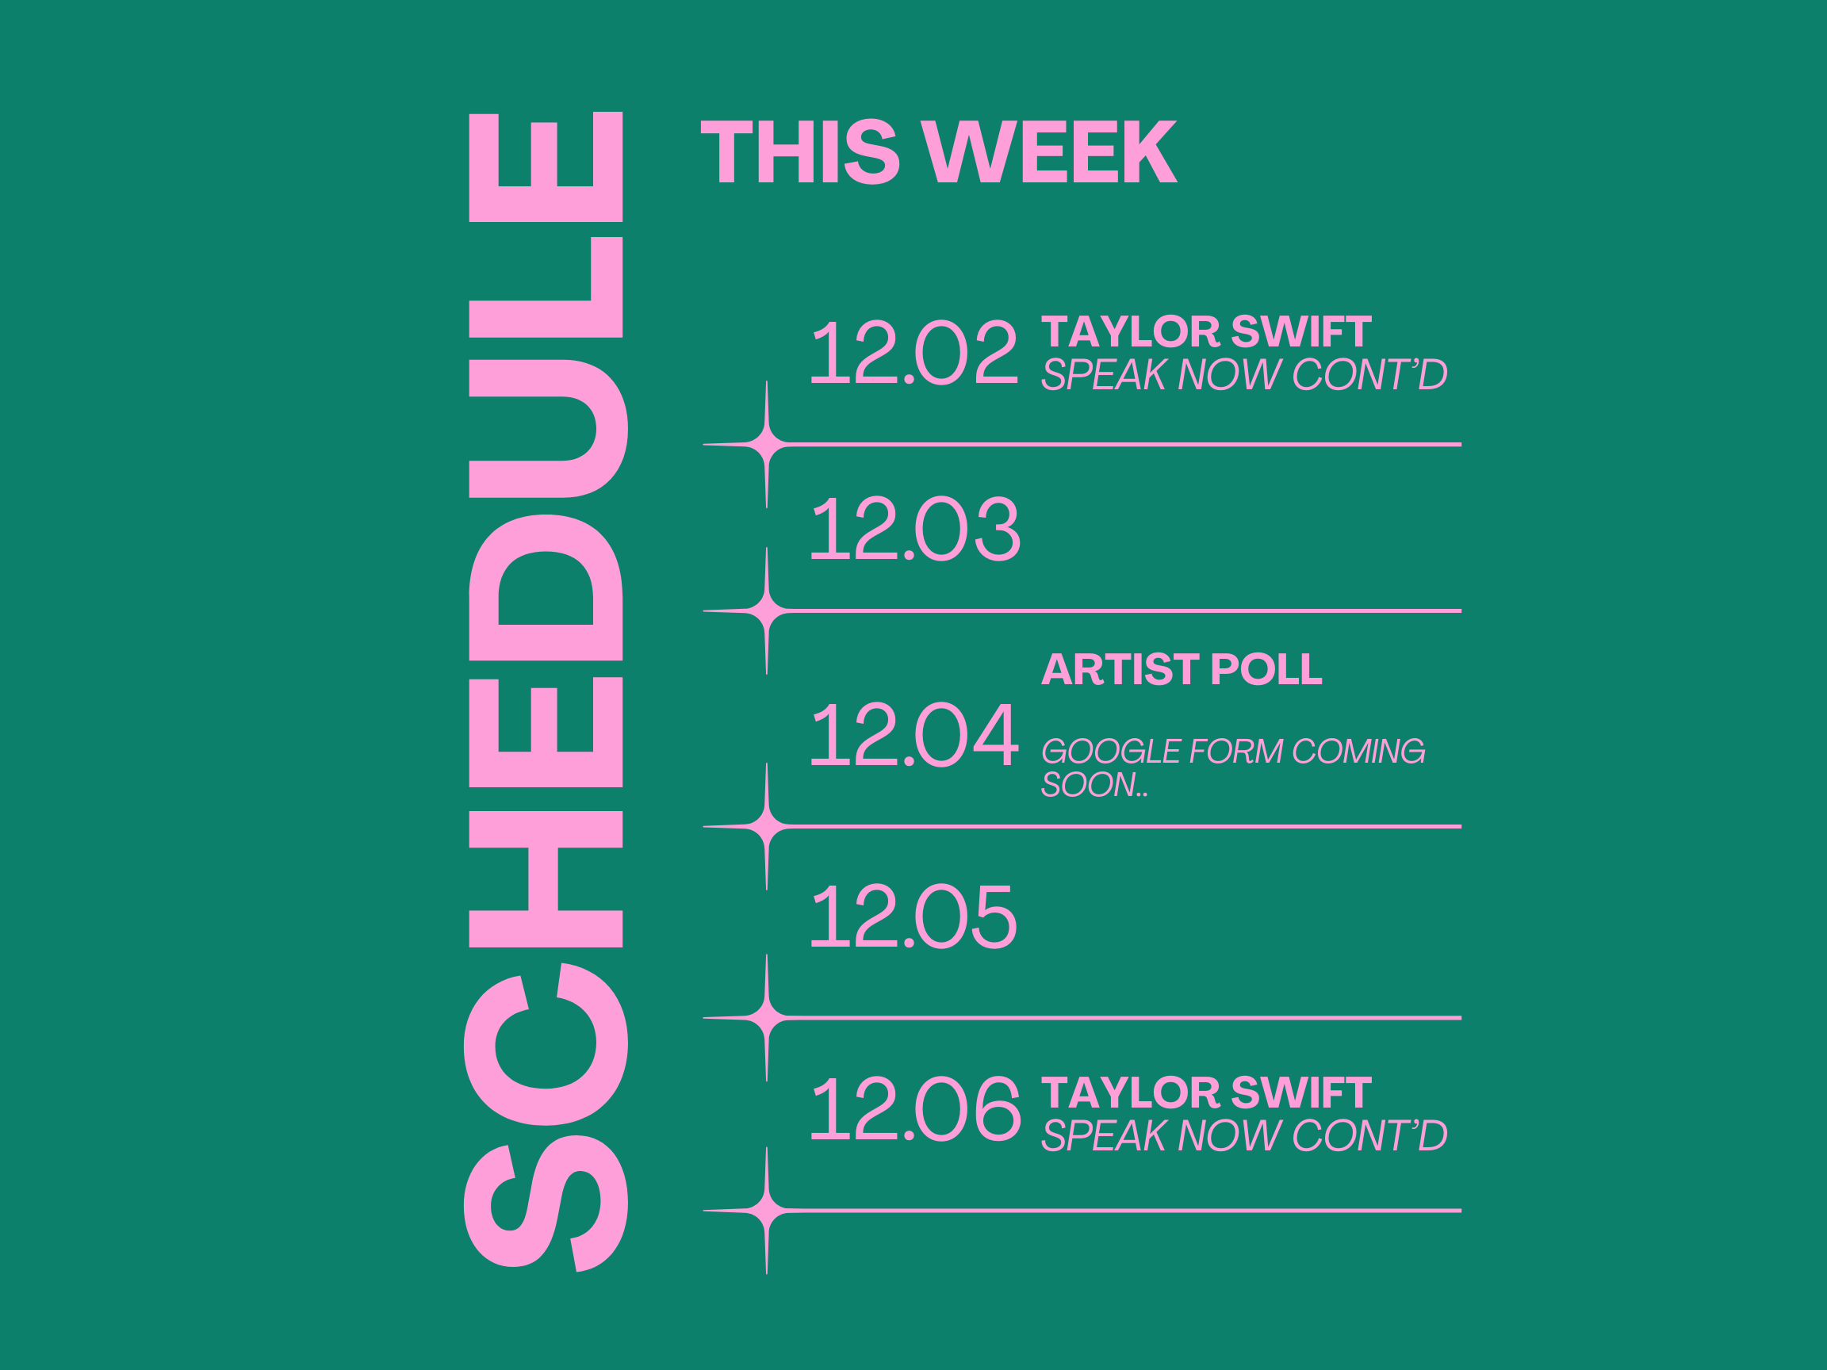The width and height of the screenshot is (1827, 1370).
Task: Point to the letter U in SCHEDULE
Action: (548, 429)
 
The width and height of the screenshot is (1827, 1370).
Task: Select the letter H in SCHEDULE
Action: (545, 878)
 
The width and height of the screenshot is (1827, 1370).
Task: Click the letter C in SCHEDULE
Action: (546, 1044)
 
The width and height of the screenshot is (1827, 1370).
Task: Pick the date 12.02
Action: (914, 353)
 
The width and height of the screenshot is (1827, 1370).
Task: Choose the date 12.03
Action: (916, 529)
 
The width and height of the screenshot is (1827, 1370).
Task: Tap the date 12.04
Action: (914, 734)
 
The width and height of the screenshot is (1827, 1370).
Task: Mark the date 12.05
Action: (913, 916)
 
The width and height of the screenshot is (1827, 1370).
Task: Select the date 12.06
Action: (916, 1108)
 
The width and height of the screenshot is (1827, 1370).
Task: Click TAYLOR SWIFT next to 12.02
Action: (1206, 332)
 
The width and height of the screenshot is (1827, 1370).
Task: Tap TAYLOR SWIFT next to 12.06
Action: (1206, 1093)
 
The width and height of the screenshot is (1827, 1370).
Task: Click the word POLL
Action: (1266, 669)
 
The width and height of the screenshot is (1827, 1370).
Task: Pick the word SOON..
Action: (1088, 785)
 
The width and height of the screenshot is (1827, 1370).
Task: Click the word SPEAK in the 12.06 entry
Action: (1105, 1135)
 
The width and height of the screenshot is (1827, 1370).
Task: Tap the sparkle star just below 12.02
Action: (767, 444)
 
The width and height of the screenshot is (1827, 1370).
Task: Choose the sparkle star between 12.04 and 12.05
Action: (767, 826)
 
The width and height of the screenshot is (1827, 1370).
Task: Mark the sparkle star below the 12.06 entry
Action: (767, 1211)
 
